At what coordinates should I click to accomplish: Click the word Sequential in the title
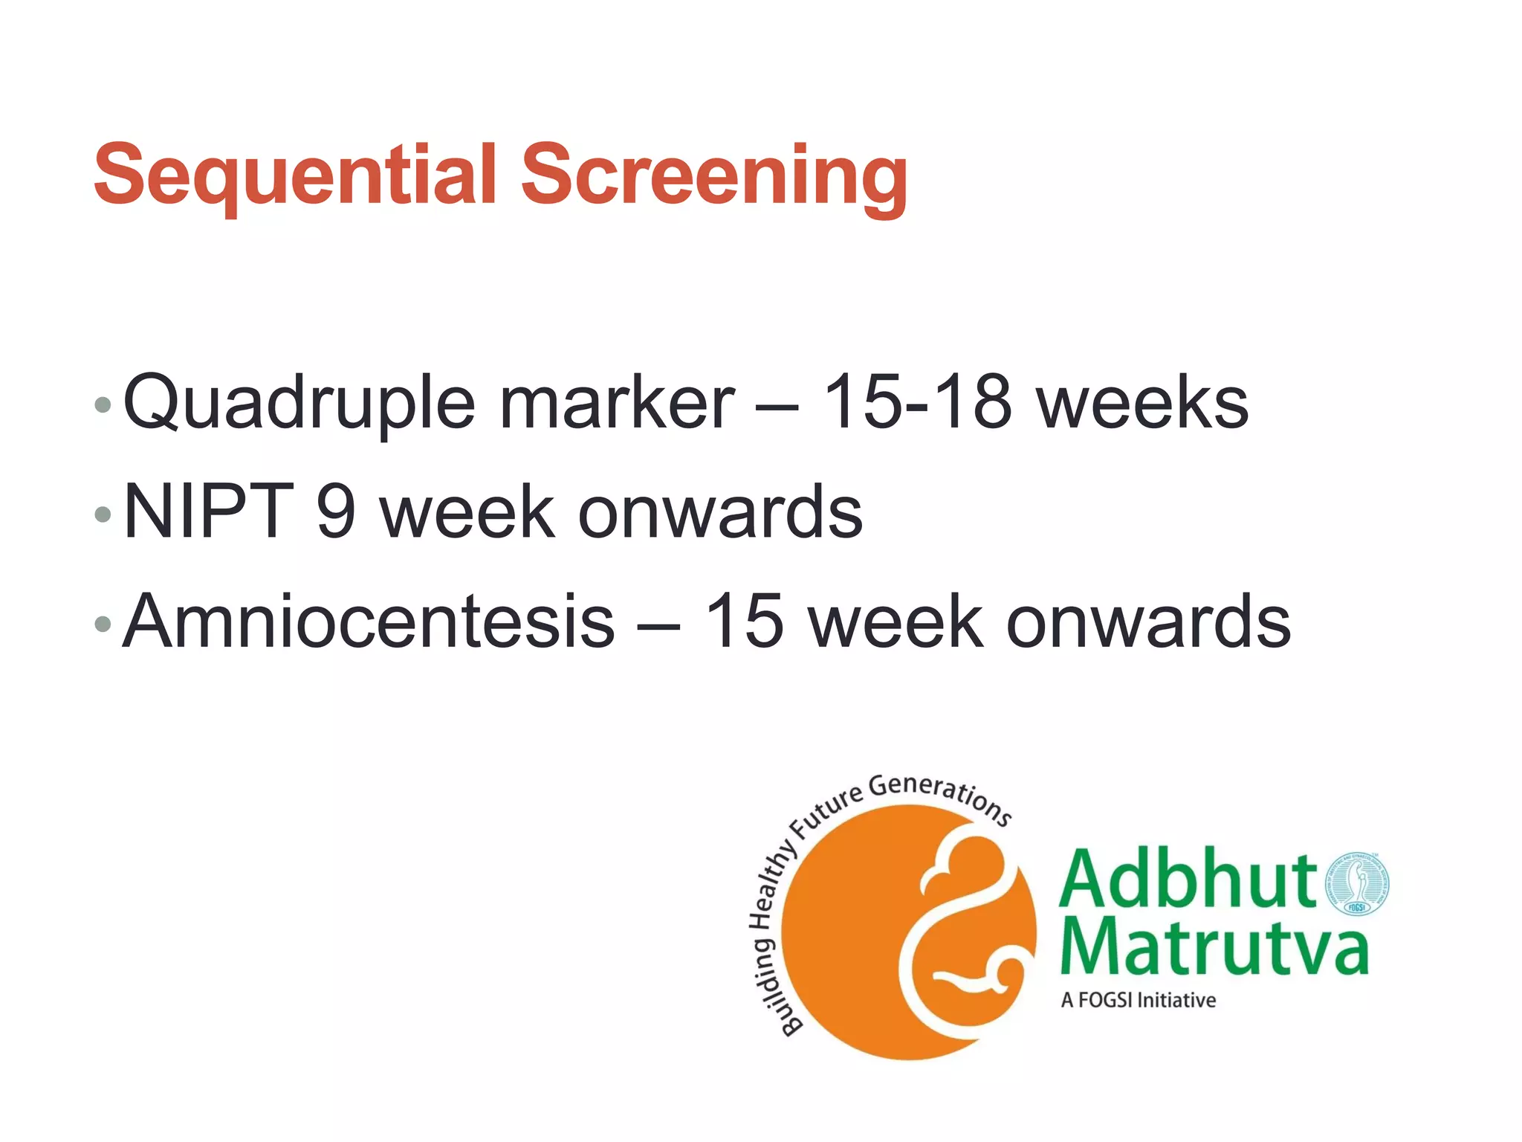coord(294,175)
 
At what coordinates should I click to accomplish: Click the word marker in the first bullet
coord(617,402)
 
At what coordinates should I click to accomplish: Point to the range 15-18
coord(917,402)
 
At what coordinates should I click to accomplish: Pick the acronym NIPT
coord(209,511)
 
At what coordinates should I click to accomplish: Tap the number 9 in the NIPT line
coord(336,511)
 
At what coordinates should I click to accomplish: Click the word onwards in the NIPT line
coord(720,512)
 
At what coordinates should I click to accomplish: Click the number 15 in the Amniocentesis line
coord(744,621)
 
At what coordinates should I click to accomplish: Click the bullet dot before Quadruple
coord(103,405)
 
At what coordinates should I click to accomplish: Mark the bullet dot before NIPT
coord(103,514)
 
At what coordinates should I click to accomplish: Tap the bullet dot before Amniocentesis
coord(103,624)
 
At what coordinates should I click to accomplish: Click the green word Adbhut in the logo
coord(1188,880)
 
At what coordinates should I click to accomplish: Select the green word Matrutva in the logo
coord(1214,946)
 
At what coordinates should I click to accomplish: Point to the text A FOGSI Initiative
coord(1138,1000)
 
